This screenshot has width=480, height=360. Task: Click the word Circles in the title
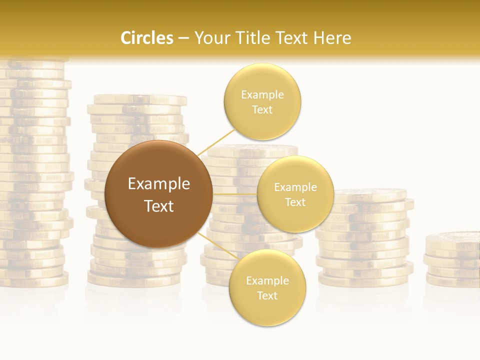147,38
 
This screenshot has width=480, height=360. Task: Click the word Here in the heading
332,38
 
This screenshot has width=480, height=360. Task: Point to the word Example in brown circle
159,184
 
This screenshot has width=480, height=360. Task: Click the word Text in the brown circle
159,206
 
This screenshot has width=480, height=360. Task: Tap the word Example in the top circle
262,94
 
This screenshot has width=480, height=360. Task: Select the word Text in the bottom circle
267,295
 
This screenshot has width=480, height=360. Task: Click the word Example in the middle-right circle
295,187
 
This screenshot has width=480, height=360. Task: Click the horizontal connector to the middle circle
234,193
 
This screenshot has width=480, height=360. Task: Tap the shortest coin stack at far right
453,260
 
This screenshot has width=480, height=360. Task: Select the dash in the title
183,38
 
